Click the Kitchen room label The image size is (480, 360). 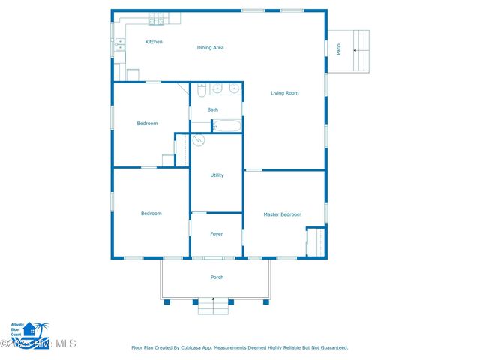(154, 42)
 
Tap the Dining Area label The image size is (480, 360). (211, 48)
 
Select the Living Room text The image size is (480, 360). (285, 93)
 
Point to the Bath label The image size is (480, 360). (213, 110)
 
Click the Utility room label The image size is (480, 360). (217, 175)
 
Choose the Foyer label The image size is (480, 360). (217, 234)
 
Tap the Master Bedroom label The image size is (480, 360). (282, 214)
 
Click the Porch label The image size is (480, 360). (217, 277)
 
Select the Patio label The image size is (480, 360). (339, 49)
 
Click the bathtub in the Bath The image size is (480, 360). (227, 126)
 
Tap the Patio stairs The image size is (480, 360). (359, 49)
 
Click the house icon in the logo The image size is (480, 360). (30, 330)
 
